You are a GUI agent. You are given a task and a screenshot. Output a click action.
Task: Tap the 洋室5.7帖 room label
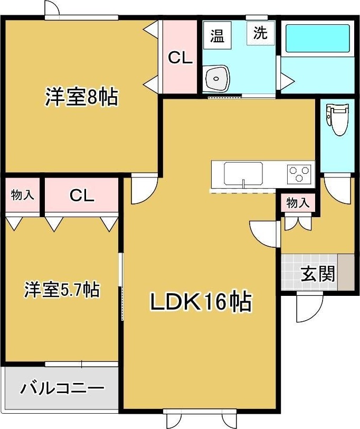(x=61, y=290)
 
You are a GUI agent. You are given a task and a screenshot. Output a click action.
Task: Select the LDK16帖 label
(x=200, y=302)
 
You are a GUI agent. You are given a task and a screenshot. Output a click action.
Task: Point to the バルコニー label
(x=62, y=389)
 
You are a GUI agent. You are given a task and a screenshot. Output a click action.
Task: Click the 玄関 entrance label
(x=318, y=274)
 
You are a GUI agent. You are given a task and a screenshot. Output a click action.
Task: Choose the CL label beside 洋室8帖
(x=180, y=58)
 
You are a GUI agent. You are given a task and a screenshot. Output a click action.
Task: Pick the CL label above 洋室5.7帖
(x=82, y=196)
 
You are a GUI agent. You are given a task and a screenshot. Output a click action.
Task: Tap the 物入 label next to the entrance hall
(x=299, y=203)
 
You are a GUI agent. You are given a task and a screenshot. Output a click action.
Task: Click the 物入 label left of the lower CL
(x=23, y=195)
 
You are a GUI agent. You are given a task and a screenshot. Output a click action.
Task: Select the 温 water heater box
(x=217, y=36)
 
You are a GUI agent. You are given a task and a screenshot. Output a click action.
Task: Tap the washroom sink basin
(x=216, y=79)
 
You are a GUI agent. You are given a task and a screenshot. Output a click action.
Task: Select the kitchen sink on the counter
(x=243, y=173)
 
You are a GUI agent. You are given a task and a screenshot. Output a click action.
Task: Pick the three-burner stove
(x=299, y=173)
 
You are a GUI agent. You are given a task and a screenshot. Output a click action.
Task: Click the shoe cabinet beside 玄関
(x=346, y=272)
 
